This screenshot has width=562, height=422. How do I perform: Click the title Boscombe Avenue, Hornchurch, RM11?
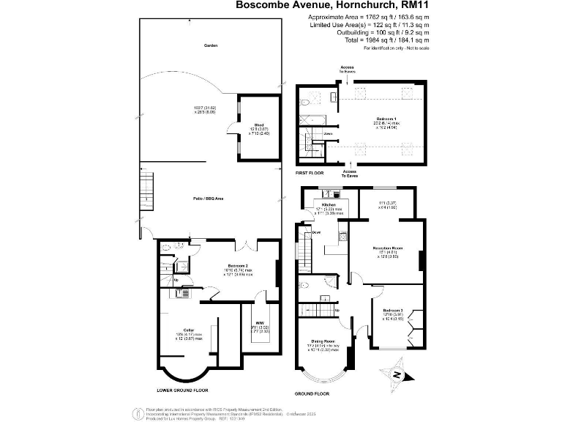332,5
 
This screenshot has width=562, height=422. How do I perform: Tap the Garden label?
211,45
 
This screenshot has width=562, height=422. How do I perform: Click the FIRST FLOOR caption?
310,172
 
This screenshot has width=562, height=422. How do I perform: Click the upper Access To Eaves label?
347,70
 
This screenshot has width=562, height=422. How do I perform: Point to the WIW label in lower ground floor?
259,322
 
